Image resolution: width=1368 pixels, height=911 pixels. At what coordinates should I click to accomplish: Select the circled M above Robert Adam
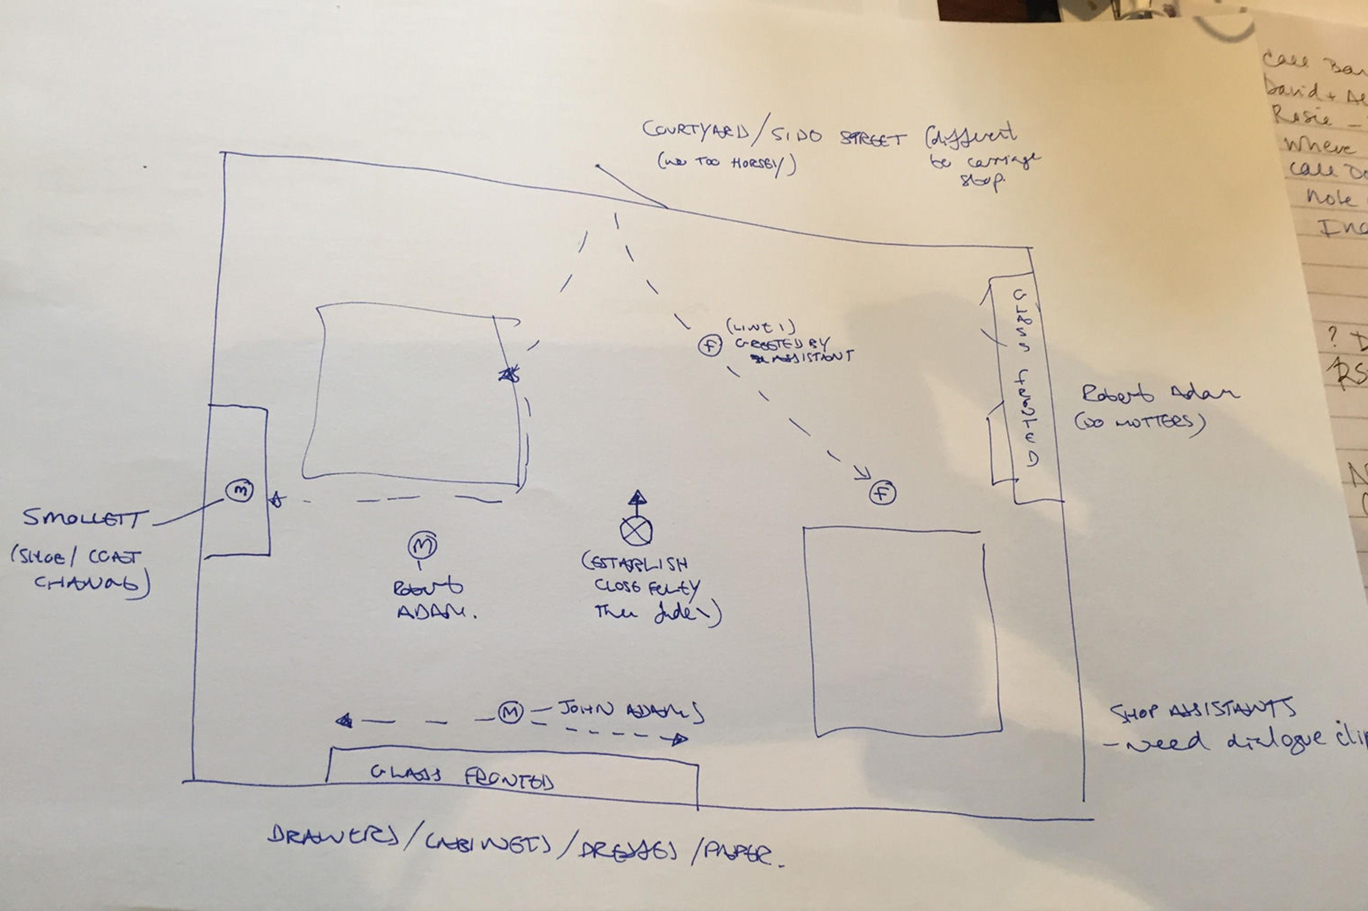point(422,545)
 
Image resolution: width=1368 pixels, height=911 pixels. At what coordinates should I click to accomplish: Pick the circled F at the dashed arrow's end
point(882,493)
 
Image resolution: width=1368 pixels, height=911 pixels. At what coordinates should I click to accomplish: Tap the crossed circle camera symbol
point(636,530)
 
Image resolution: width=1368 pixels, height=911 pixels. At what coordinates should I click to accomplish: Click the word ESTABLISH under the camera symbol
point(636,562)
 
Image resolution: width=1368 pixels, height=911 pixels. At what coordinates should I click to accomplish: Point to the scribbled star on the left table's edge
point(509,375)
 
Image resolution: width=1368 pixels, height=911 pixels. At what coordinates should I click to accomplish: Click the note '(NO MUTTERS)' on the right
point(1140,422)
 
